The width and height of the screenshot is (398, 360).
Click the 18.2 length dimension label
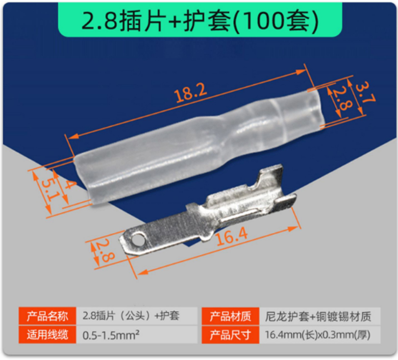(190, 93)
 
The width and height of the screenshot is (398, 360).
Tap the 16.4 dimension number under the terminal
(231, 236)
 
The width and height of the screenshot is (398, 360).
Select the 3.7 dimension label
(365, 92)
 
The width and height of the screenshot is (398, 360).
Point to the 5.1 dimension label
(51, 189)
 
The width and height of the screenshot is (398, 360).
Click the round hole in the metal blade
(137, 239)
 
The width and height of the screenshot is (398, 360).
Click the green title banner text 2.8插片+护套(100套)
(200, 21)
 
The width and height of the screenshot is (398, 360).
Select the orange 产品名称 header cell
(47, 316)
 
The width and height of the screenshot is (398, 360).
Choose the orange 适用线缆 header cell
(47, 335)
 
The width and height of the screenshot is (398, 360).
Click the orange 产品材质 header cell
(230, 316)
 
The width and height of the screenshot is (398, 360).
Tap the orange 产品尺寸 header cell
(230, 335)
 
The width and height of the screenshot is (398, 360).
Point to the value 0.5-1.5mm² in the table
(111, 335)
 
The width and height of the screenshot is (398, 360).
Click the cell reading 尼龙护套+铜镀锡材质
(318, 316)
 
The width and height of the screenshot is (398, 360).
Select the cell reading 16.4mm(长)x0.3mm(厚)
(317, 335)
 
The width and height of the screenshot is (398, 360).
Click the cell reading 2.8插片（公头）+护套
(131, 316)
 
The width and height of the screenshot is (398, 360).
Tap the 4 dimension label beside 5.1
(69, 185)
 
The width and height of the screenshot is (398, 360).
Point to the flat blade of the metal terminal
(162, 232)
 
